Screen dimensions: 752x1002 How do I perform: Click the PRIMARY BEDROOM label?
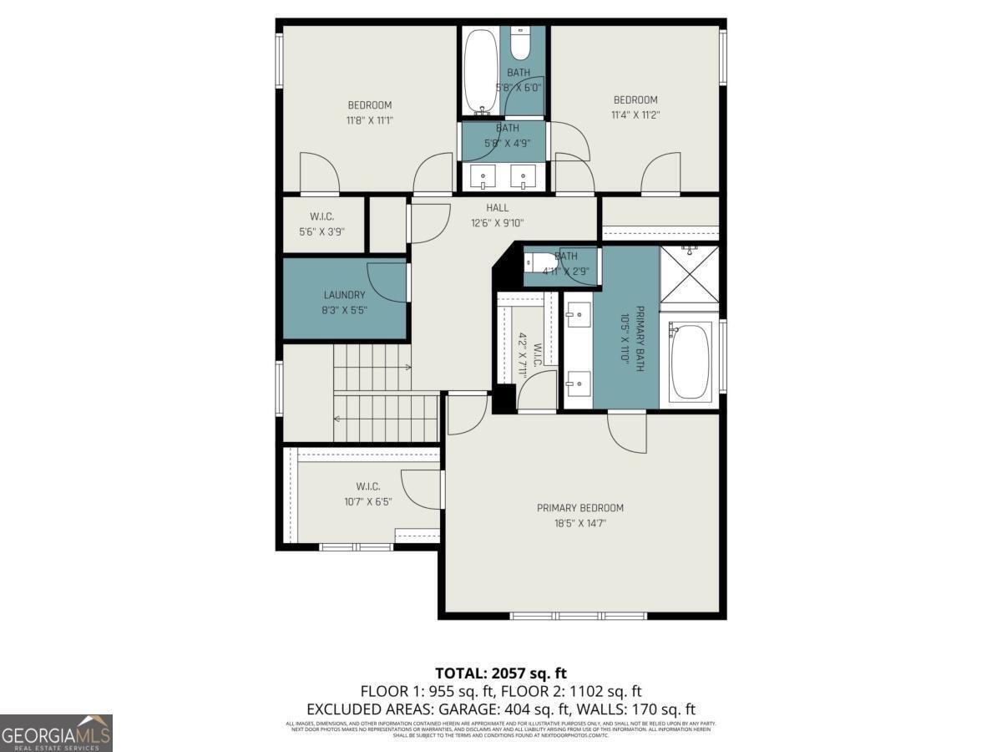[x=579, y=508]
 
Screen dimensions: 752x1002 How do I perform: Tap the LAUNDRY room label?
[x=344, y=295]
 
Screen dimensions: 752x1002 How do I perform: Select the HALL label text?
[x=497, y=208]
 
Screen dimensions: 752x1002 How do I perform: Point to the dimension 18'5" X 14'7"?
[x=579, y=523]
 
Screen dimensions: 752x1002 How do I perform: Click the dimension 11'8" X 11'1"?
[x=369, y=120]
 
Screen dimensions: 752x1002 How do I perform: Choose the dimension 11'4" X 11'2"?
[x=635, y=115]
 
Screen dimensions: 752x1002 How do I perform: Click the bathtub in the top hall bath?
[x=480, y=71]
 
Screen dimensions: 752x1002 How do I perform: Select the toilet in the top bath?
[x=520, y=43]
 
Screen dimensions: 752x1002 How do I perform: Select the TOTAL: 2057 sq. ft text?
[x=500, y=673]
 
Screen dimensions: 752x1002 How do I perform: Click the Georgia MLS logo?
[x=56, y=733]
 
